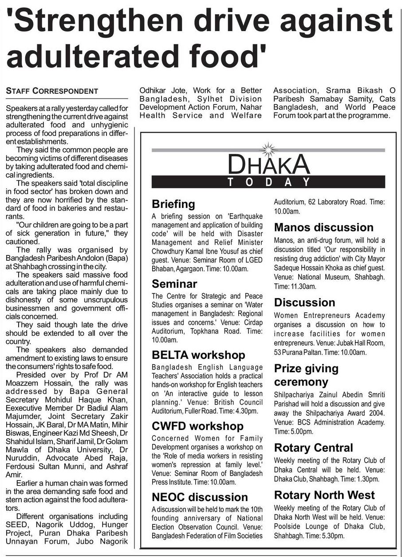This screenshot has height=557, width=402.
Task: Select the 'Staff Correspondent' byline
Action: point(52,91)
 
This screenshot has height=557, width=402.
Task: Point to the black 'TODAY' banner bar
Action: point(268,182)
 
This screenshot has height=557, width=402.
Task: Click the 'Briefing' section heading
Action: point(173,204)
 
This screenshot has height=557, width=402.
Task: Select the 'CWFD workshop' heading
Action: point(197,426)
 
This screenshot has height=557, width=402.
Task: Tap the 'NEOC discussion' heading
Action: point(200,497)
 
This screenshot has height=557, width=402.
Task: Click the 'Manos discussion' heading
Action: point(324,227)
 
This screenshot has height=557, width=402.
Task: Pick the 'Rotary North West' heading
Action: point(324,495)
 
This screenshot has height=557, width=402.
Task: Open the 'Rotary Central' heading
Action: point(313,448)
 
